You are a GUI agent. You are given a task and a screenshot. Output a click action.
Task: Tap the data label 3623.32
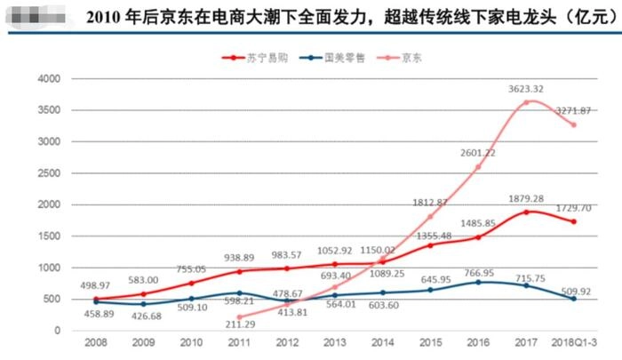tap(527, 89)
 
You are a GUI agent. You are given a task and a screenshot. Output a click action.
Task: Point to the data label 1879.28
tap(527, 199)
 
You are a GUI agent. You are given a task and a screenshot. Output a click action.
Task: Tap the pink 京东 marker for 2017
tap(527, 102)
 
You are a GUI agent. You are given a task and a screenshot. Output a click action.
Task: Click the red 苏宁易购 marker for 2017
tap(527, 212)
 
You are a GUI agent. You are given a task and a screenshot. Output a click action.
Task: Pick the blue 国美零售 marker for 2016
tap(479, 282)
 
